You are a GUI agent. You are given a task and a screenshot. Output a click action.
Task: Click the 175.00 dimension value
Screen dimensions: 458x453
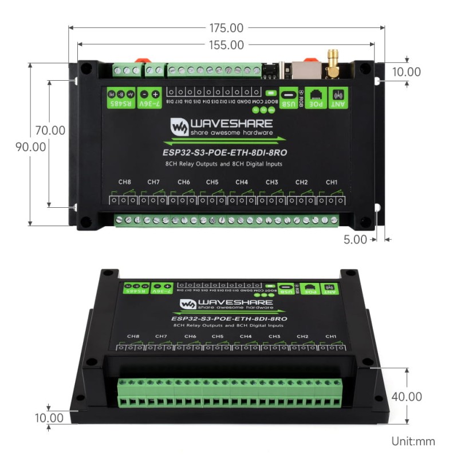point(227,28)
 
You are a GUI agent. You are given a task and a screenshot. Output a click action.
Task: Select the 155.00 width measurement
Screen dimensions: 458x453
point(227,45)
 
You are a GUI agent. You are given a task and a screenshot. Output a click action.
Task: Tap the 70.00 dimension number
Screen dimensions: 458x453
point(50,130)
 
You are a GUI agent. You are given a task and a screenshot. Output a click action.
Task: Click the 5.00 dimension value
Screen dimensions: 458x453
point(355,240)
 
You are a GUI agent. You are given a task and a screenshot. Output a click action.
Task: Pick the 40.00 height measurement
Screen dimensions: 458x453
point(407,397)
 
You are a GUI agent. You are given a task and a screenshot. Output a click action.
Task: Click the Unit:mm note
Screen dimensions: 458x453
point(413,441)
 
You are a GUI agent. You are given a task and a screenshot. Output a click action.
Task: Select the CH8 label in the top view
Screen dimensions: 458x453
point(124,182)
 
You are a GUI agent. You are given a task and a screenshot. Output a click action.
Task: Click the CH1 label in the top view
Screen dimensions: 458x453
point(332,182)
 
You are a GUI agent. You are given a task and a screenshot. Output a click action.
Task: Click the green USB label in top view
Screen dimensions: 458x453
point(289,97)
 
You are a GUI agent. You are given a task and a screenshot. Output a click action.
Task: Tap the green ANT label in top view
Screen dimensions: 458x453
point(339,97)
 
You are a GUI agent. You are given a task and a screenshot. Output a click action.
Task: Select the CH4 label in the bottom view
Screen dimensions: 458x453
point(246,336)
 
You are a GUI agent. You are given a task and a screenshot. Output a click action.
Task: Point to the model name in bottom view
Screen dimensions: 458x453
point(229,318)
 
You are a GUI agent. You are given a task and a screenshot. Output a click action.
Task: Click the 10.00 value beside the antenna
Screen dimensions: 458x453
point(407,72)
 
